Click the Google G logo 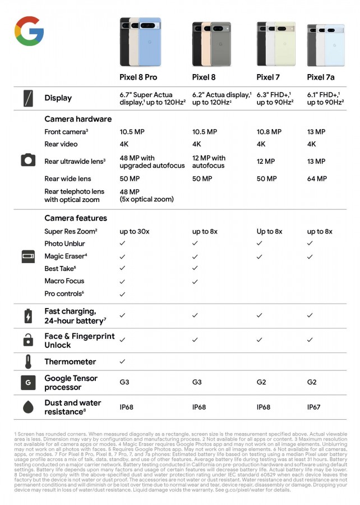coord(29,31)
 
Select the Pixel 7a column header coord(321,77)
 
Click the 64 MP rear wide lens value coord(317,178)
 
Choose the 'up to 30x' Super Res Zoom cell coord(135,231)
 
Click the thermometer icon coord(28,361)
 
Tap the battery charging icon coord(28,316)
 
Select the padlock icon coord(28,340)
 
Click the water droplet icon coord(28,407)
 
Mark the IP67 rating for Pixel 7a coord(314,407)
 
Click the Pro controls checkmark coord(122,294)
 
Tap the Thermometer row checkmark coord(122,361)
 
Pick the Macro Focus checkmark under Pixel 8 coord(195,281)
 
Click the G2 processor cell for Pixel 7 coord(262,382)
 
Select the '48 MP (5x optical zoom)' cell coord(146,195)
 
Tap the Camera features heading coord(76,218)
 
